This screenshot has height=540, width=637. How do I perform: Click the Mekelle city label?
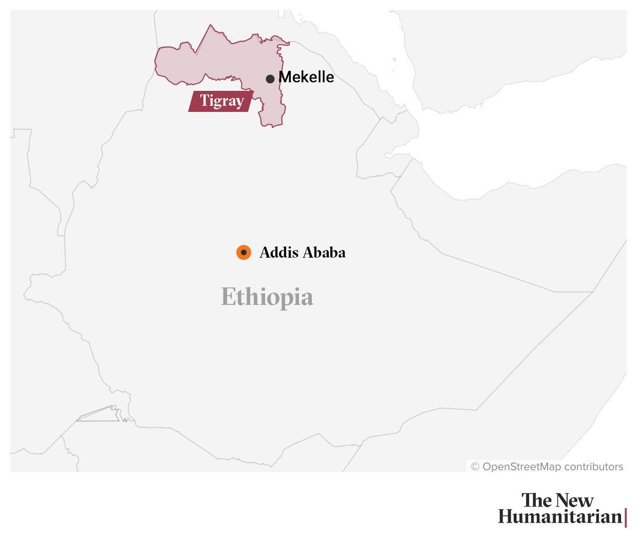click(x=306, y=77)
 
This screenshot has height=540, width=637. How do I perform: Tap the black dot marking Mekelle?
click(x=270, y=79)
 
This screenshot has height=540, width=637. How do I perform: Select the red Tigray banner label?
click(x=221, y=101)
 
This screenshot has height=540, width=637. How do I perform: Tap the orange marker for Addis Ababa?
click(x=243, y=253)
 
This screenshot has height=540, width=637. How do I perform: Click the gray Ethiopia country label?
click(x=267, y=297)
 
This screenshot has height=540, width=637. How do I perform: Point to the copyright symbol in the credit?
click(x=475, y=467)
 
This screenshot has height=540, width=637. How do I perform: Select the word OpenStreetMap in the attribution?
click(x=521, y=467)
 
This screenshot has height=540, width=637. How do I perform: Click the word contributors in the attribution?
click(x=593, y=467)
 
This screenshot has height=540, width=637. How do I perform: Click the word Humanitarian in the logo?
click(x=560, y=517)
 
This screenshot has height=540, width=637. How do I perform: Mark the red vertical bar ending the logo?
click(x=626, y=517)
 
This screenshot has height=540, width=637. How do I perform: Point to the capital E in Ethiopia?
click(x=228, y=297)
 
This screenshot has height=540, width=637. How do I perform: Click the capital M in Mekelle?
click(x=285, y=77)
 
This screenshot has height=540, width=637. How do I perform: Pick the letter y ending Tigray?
click(x=239, y=103)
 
